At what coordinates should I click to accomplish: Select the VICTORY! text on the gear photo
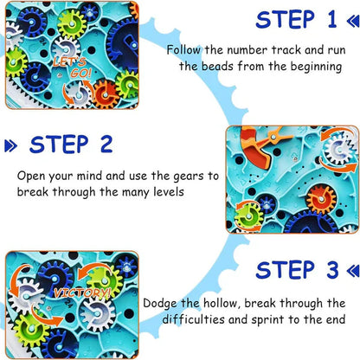point(80,293)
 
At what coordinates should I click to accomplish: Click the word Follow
point(185,50)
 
